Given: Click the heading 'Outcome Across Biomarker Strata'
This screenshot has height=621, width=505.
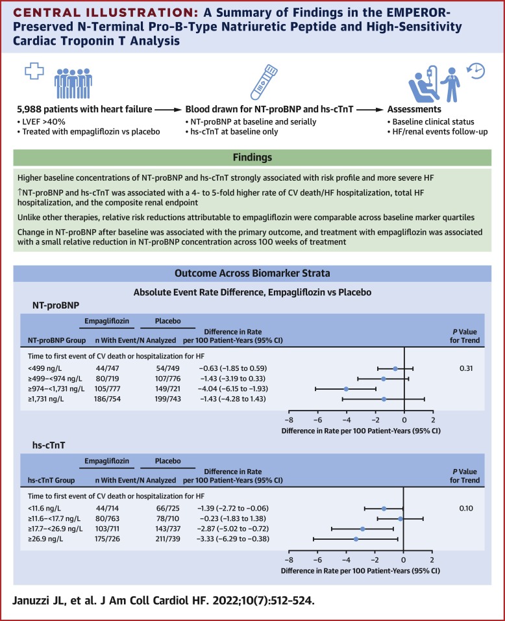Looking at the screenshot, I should (x=252, y=274).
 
